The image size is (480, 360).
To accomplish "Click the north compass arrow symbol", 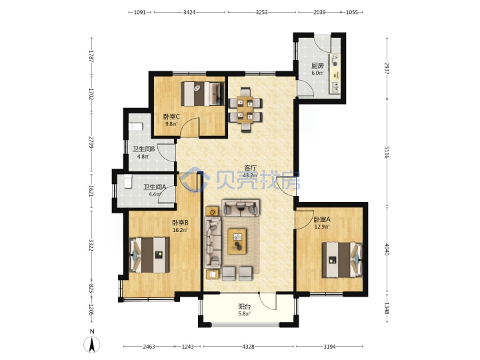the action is coord(91,344).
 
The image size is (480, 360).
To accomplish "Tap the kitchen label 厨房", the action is coord(317,65).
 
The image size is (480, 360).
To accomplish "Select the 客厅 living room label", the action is coord(250,168).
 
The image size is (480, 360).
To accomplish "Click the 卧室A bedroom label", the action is coord(322,219).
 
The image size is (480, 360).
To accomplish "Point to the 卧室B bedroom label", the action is coord(180,223).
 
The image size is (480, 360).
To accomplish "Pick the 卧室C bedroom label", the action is coord(171,117).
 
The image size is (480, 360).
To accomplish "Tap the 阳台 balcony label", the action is coord(245,307).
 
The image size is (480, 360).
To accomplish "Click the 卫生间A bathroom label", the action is coord(155,187).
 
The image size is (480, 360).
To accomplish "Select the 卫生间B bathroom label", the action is coord(143,149).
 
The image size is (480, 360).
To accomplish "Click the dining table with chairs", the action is coord(246,110).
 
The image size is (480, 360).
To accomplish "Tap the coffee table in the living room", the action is coord(237,241).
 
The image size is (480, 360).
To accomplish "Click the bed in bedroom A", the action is coord(342,260).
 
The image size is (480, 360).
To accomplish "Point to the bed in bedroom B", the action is coord(149,255).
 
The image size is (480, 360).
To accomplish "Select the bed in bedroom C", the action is coord(203,94).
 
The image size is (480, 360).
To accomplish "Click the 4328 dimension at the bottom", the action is coord(248,347).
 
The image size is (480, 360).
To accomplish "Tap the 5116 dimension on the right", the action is coord(387,152).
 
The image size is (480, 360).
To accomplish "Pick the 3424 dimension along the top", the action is coord(189,12).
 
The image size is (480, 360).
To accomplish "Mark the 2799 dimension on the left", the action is coord(91,143).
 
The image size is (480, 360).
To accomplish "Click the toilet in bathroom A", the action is coord(128,181).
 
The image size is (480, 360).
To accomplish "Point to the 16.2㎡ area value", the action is coord(180,230).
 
